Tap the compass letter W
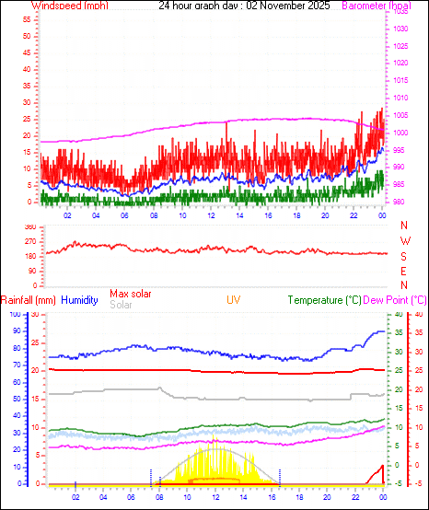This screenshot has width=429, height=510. coord(404,241)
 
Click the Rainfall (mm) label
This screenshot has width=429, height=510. coord(29,300)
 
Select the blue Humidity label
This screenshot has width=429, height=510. coord(79,300)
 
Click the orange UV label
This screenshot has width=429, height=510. coord(234,300)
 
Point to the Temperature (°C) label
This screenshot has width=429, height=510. coord(324,300)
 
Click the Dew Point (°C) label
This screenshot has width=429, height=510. coord(395,300)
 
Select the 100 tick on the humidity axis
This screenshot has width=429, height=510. coord(15,315)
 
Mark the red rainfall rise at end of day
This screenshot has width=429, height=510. coord(378,469)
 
